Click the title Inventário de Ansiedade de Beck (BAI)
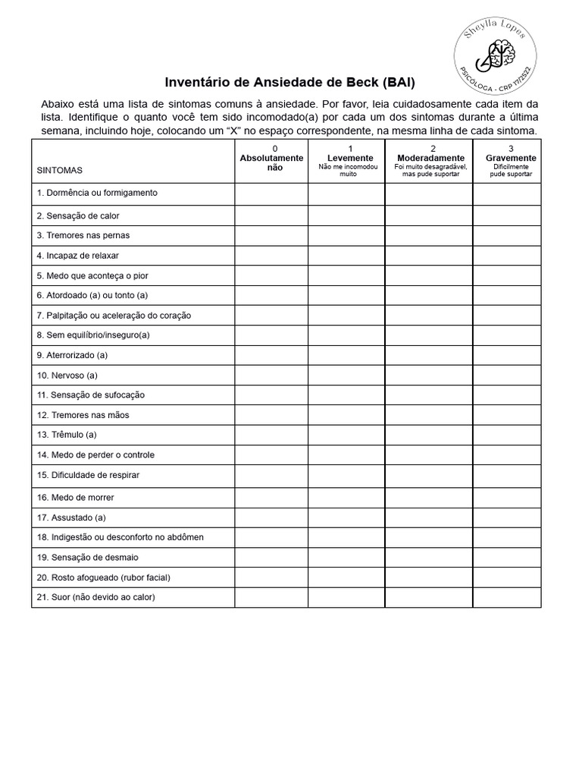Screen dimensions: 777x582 pyautogui.click(x=290, y=82)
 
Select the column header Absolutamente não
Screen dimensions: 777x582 pyautogui.click(x=271, y=162)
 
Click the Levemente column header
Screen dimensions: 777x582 pyautogui.click(x=347, y=158)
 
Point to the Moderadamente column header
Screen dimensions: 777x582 pyautogui.click(x=430, y=158)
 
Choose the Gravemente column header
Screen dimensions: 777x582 pyautogui.click(x=510, y=158)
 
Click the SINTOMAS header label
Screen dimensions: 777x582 pyautogui.click(x=60, y=171)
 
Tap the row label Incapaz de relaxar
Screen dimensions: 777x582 pyautogui.click(x=78, y=255)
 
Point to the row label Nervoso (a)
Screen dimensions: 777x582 pyautogui.click(x=67, y=375)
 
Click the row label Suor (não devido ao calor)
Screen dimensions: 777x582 pyautogui.click(x=96, y=597)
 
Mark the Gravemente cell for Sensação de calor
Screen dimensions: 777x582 pyautogui.click(x=507, y=216)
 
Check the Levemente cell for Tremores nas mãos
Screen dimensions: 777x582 pyautogui.click(x=346, y=415)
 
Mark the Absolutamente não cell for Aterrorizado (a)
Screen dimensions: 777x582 pyautogui.click(x=271, y=354)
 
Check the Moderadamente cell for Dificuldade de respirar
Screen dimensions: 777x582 pyautogui.click(x=429, y=476)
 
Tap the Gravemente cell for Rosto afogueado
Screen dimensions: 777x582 pyautogui.click(x=507, y=577)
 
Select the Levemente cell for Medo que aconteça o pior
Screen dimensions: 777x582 pyautogui.click(x=346, y=275)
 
